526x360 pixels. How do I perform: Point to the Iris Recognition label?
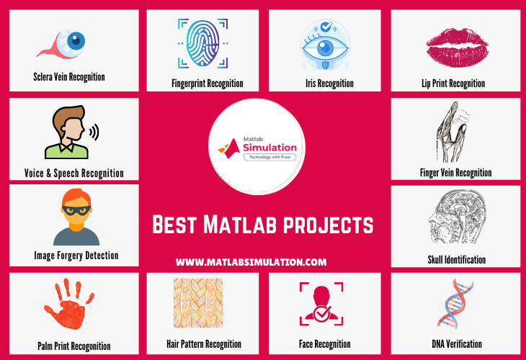[x=324, y=84]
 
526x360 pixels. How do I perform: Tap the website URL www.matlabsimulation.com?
[x=251, y=262]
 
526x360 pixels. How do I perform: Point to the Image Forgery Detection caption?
[x=76, y=255]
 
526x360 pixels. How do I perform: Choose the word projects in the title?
[x=331, y=226]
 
